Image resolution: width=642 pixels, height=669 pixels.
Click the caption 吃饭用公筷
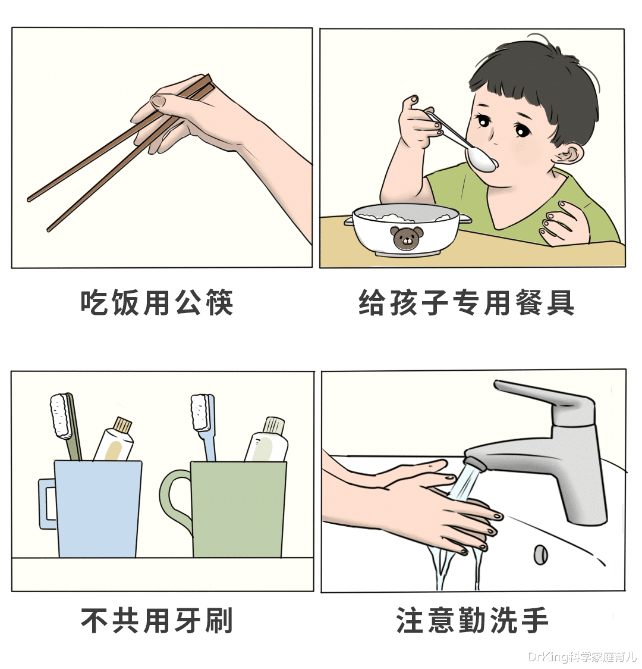[x=157, y=302]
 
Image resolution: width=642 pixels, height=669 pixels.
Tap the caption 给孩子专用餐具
[x=467, y=302]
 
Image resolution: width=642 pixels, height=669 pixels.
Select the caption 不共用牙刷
[x=157, y=620]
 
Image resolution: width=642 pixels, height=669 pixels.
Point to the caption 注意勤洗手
[x=473, y=620]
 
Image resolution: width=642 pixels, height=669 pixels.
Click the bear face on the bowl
[x=407, y=238]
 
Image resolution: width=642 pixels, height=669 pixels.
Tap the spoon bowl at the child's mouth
[x=480, y=159]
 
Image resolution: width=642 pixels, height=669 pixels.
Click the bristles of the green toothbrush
[x=59, y=415]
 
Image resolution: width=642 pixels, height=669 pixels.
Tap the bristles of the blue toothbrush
[x=200, y=412]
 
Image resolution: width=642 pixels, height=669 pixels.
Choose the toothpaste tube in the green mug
[x=267, y=442]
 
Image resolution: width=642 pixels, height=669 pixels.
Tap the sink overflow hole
[x=540, y=554]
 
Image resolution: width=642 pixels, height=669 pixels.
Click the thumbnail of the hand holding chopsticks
[x=159, y=102]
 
